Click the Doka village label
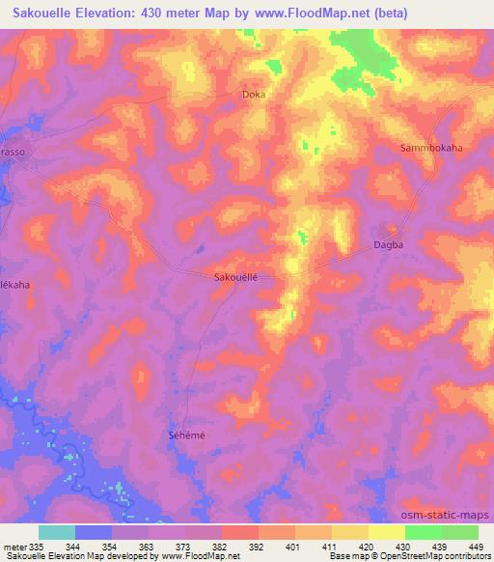253,95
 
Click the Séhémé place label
181,436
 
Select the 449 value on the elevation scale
476,546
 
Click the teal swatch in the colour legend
57,532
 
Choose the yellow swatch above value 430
386,532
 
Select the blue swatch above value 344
94,532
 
